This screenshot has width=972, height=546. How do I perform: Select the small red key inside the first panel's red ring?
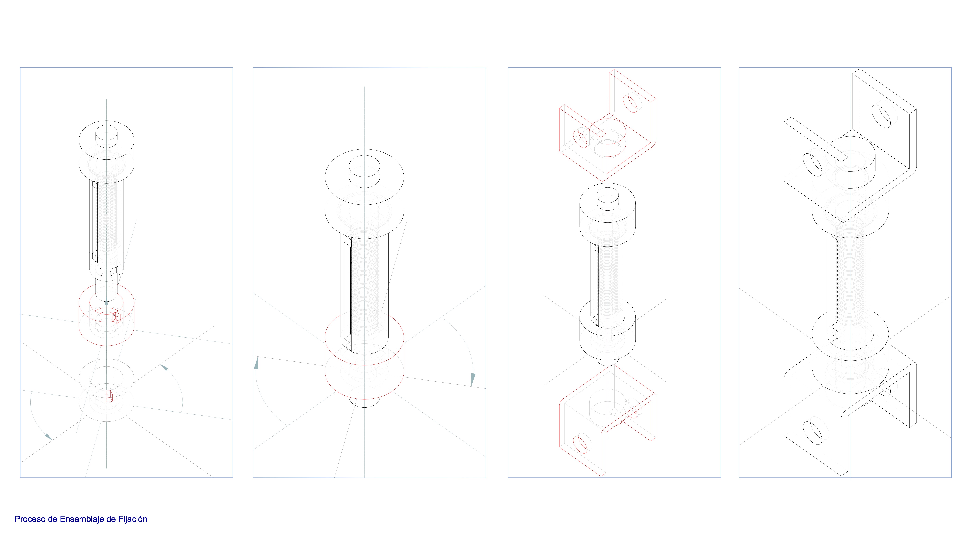tap(117, 318)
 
